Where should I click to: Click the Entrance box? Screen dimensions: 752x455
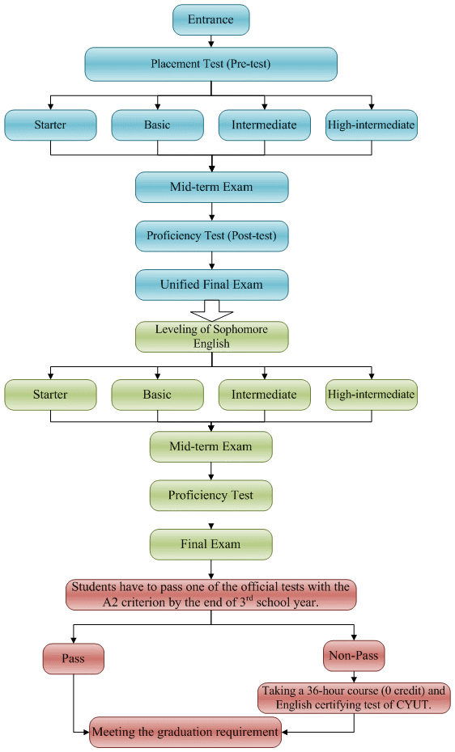point(210,19)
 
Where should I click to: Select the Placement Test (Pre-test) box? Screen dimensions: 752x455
point(210,63)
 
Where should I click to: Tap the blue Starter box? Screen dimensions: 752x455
point(50,125)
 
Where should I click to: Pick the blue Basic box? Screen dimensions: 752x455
point(157,125)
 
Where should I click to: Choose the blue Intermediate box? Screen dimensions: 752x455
point(264,125)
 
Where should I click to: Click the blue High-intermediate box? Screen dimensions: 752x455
point(371,125)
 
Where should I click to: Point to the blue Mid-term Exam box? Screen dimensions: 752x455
point(210,187)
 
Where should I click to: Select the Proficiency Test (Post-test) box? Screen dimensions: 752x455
point(210,236)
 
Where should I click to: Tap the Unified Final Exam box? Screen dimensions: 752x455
point(210,285)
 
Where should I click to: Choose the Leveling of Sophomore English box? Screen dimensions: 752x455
point(210,336)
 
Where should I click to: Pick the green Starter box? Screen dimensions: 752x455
point(50,395)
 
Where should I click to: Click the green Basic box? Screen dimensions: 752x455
point(157,395)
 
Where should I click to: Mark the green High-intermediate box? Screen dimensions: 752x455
point(371,395)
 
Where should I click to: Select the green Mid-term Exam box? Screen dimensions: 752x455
point(210,446)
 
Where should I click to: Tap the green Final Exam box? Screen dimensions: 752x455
point(210,543)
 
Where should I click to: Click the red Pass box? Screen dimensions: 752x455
point(73,658)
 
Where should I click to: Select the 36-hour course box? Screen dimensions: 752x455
point(354,698)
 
